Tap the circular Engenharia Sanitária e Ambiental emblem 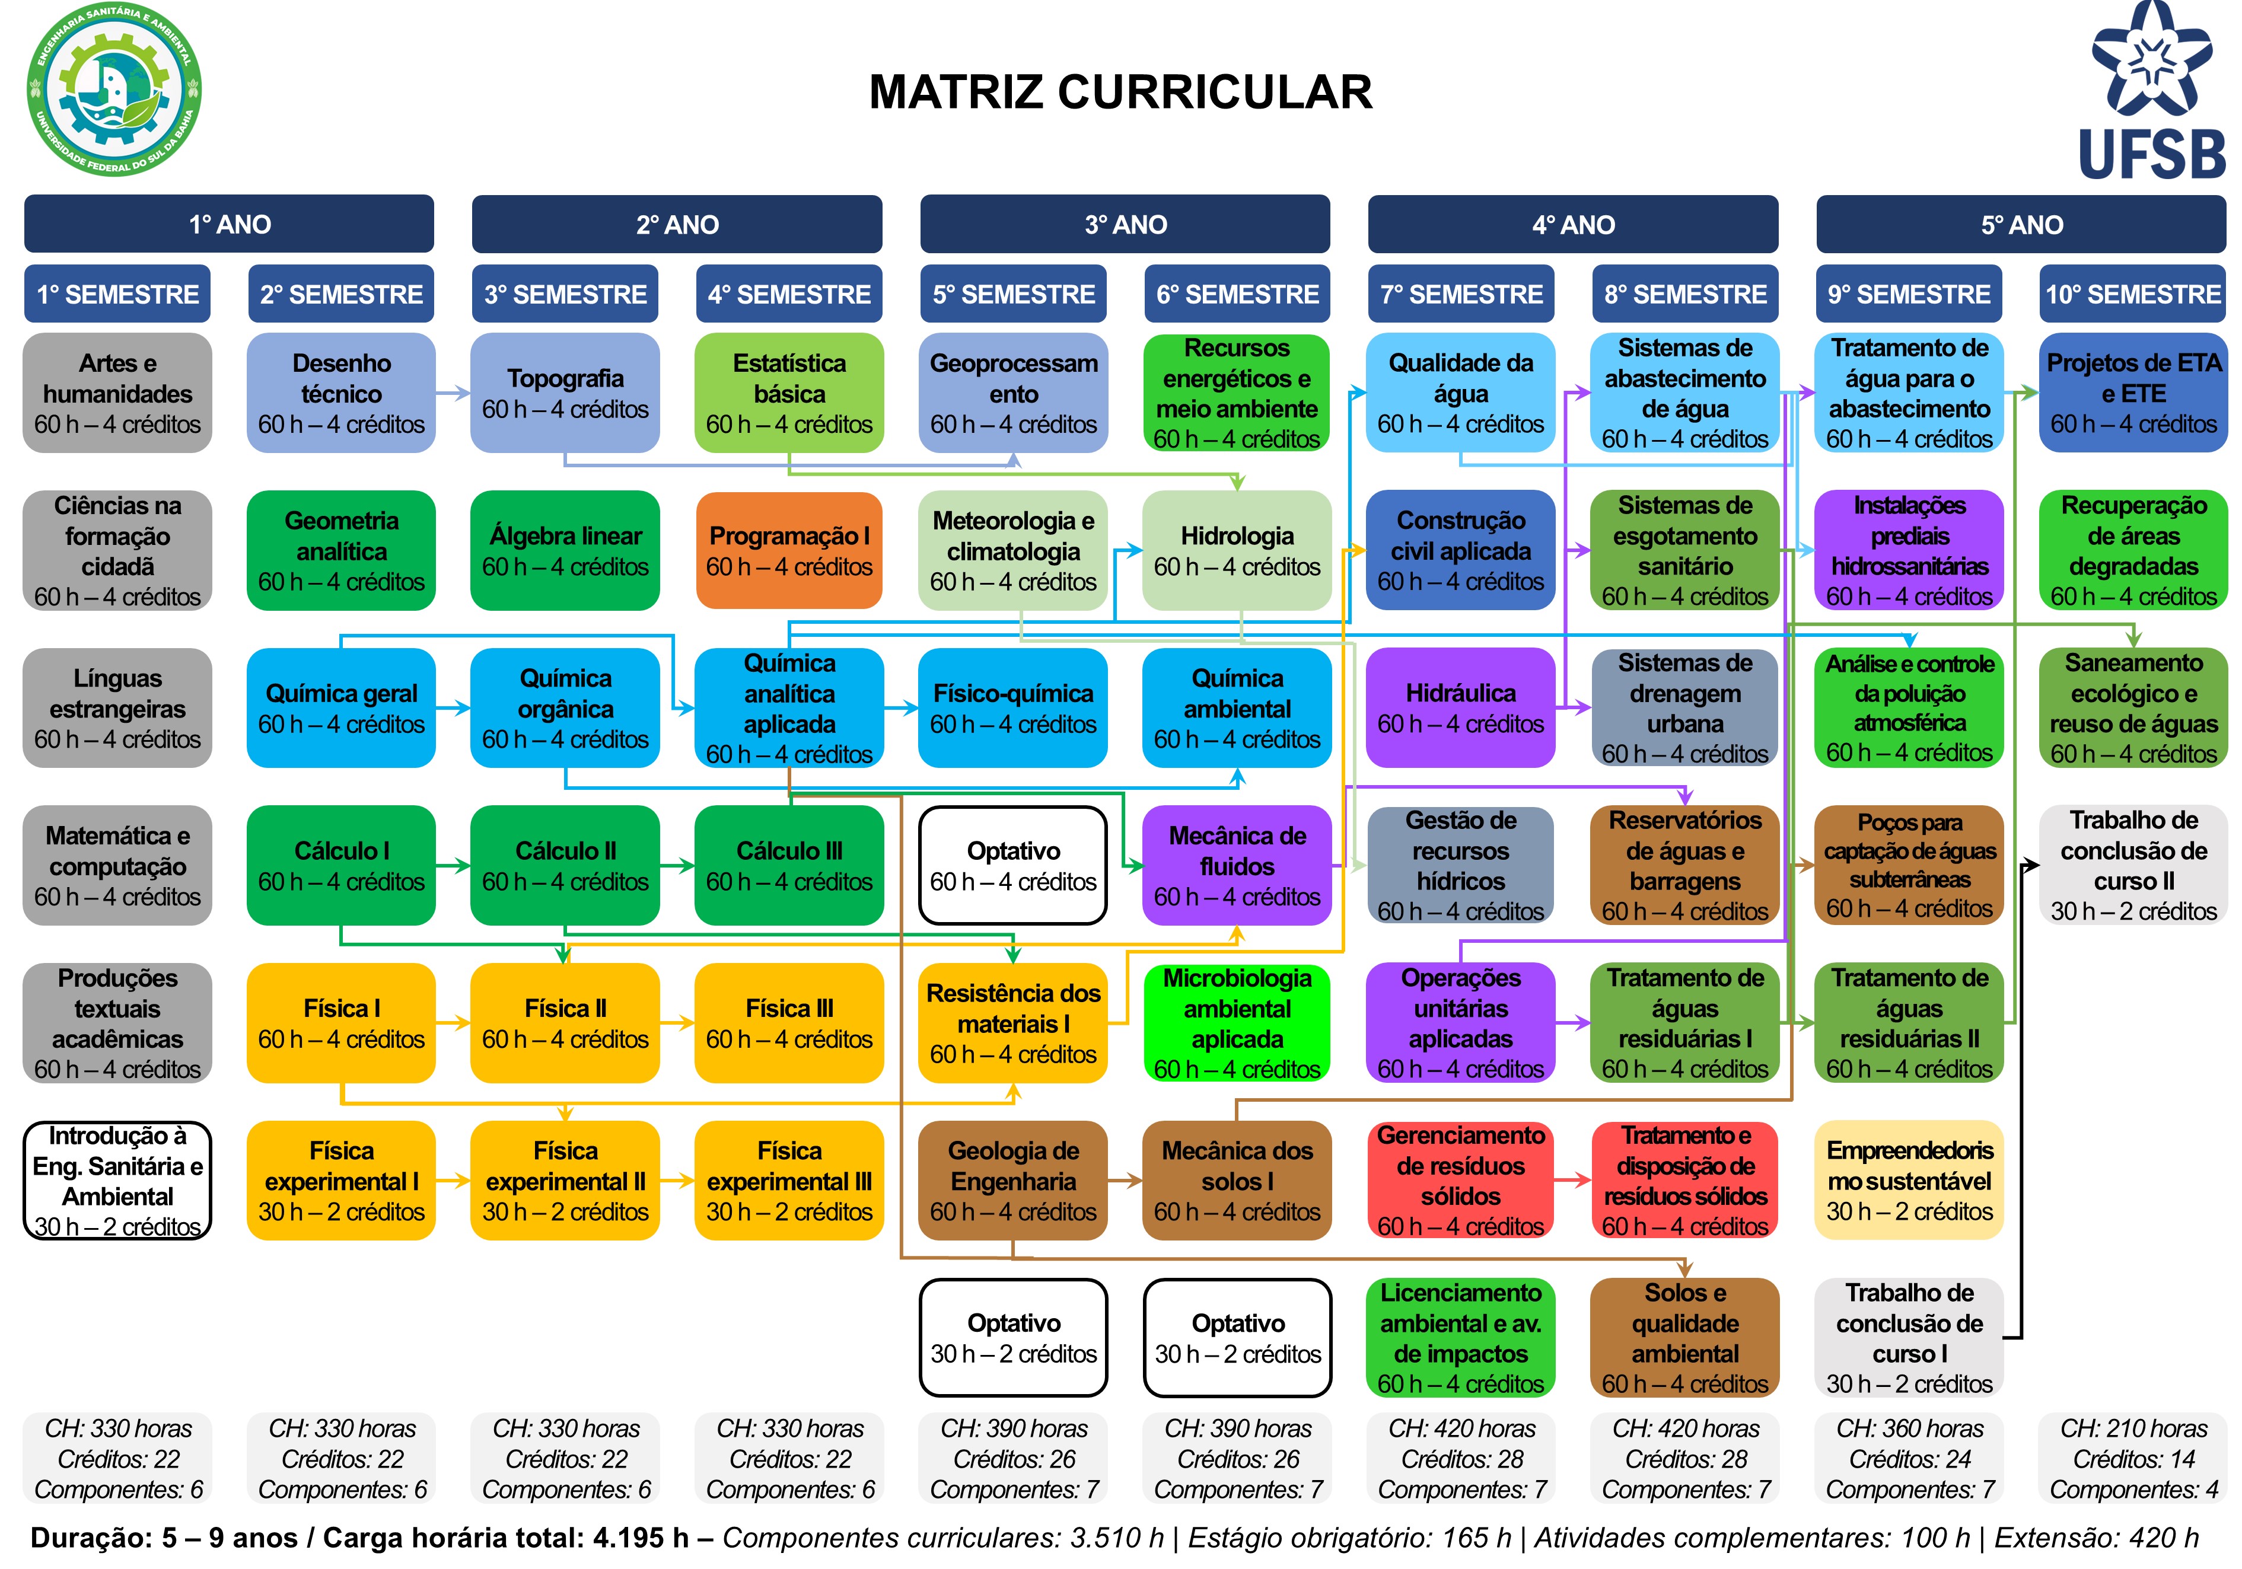[114, 90]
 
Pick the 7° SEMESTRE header [1461, 294]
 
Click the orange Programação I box [789, 551]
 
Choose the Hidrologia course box [1237, 551]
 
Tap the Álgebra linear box [565, 551]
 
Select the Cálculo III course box [789, 865]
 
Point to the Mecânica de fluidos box [1237, 865]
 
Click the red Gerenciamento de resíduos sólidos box [1461, 1181]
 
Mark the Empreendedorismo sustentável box [1909, 1181]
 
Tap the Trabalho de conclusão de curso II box [2133, 865]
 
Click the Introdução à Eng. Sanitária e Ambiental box [117, 1181]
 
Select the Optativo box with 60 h [1014, 865]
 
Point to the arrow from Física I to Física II [453, 1023]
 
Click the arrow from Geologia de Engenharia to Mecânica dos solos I [1125, 1181]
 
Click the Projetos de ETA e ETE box [2133, 393]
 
